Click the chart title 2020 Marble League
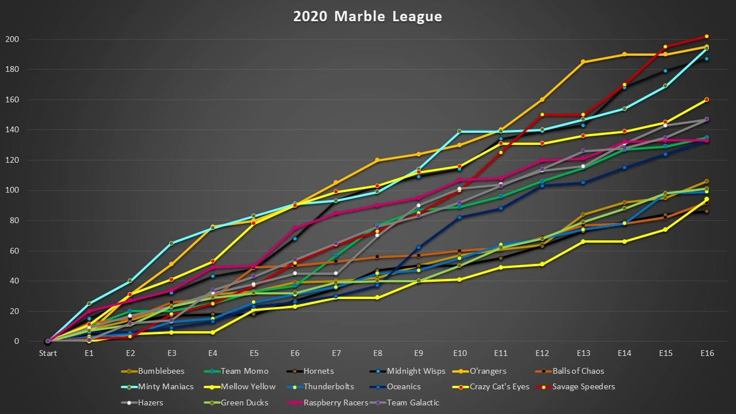pos(368,16)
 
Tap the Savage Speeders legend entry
pos(584,386)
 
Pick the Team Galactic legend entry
pos(413,402)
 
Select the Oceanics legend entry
pos(404,386)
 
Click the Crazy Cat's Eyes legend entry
pos(500,386)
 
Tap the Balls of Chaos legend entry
pos(578,371)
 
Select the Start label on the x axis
pos(48,353)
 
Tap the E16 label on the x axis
pos(707,353)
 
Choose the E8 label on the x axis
pos(377,353)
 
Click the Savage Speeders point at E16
pos(707,36)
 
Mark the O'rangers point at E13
pos(583,62)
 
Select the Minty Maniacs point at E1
pos(89,304)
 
